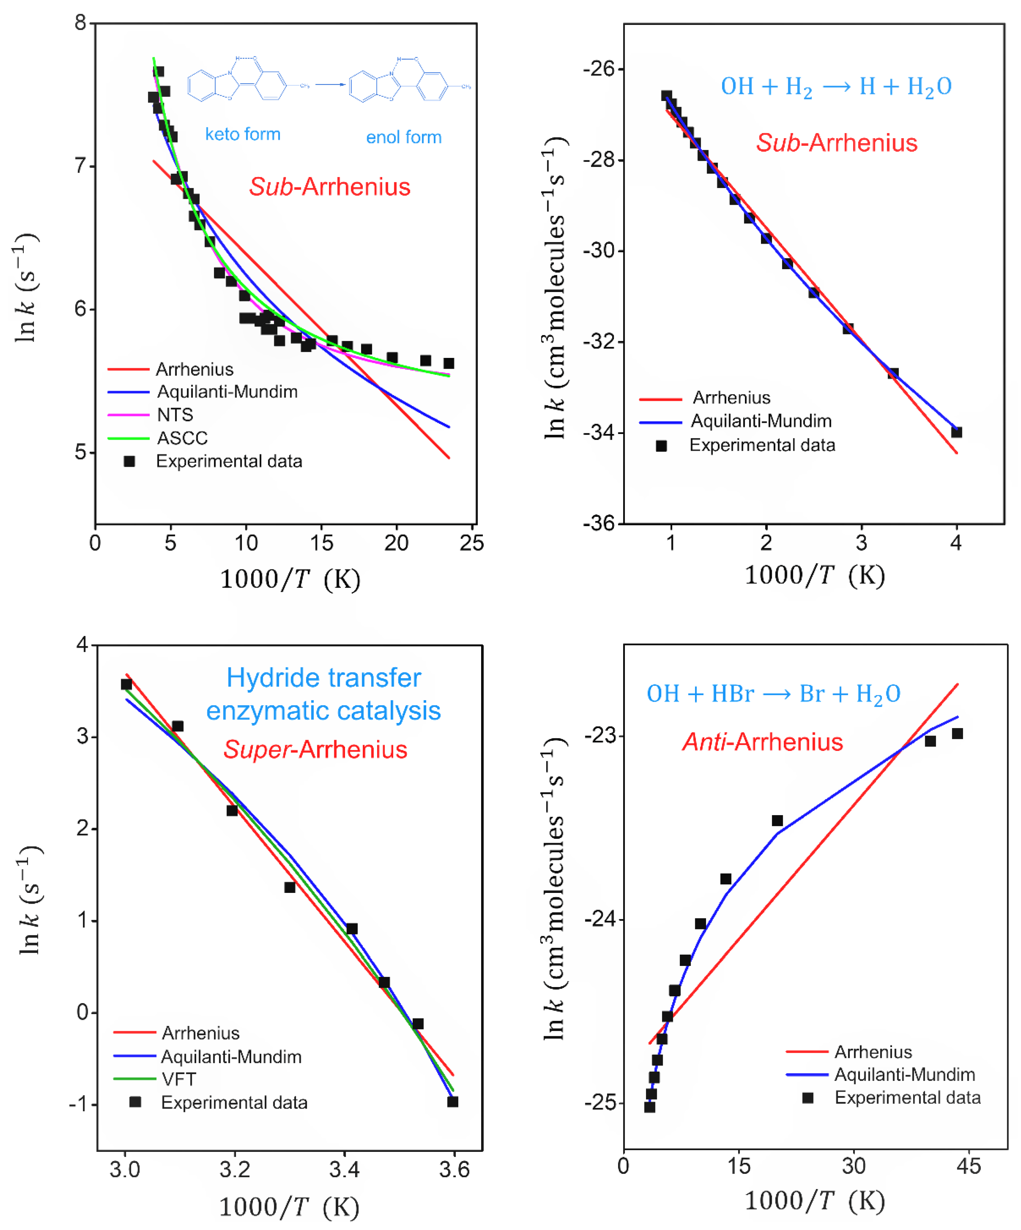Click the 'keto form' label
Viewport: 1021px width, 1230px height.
[243, 134]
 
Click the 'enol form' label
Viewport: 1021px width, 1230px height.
[404, 137]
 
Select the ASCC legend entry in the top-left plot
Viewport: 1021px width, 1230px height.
[182, 438]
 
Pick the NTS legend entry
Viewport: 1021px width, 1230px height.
[175, 415]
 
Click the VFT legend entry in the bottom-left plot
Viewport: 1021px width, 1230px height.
[179, 1079]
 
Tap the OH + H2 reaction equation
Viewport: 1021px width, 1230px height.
[836, 87]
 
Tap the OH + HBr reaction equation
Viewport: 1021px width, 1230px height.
[773, 694]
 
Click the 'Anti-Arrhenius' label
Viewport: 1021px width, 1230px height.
[763, 742]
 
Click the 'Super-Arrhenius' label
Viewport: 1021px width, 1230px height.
[315, 750]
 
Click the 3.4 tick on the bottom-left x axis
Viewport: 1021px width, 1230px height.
[344, 1170]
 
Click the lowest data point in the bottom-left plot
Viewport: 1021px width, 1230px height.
[452, 1102]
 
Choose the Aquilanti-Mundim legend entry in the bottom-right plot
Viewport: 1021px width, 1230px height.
[904, 1075]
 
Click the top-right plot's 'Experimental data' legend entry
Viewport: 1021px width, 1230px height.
[762, 445]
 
